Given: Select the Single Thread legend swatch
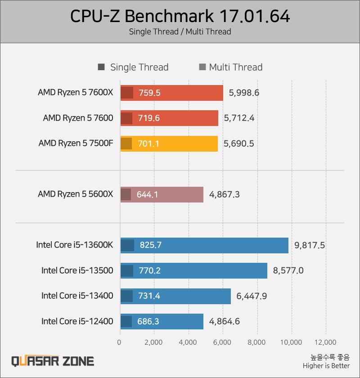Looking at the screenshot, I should pyautogui.click(x=101, y=67).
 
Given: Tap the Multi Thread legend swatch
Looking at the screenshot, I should pyautogui.click(x=202, y=67).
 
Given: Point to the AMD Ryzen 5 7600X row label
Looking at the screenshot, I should pyautogui.click(x=76, y=93).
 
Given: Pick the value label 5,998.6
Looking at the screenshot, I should pyautogui.click(x=244, y=93).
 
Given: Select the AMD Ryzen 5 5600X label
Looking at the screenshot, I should pyautogui.click(x=76, y=194).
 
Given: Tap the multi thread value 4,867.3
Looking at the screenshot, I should pyautogui.click(x=225, y=194).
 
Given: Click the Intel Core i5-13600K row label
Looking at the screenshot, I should pyautogui.click(x=75, y=245).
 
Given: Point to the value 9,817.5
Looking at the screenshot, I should pyautogui.click(x=310, y=245).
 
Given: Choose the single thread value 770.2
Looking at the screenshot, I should pyautogui.click(x=150, y=270).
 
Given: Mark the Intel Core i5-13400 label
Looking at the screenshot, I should pyautogui.click(x=77, y=296).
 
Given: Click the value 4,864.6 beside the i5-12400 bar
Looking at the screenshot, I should pyautogui.click(x=225, y=321).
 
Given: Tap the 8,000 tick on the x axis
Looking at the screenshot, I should pyautogui.click(x=257, y=342).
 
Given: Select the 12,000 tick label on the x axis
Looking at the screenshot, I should pyautogui.click(x=325, y=342).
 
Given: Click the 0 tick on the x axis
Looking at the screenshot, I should pyautogui.click(x=119, y=342).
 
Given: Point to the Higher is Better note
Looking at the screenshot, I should pyautogui.click(x=326, y=366).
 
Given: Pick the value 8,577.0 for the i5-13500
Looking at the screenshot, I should pyautogui.click(x=288, y=270).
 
